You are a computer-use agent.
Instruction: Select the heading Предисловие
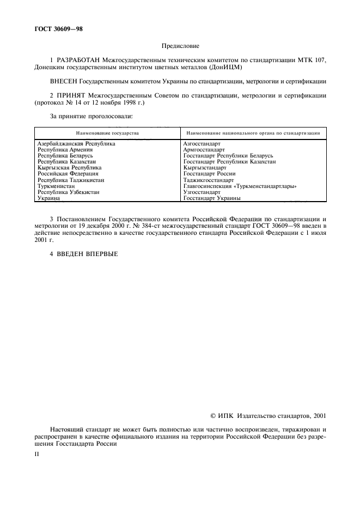(x=180, y=47)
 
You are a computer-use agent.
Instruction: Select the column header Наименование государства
(x=107, y=132)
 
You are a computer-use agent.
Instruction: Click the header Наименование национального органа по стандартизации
(x=253, y=132)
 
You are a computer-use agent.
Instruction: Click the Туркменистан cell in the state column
(x=56, y=186)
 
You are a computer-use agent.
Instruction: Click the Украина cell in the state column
(x=48, y=198)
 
